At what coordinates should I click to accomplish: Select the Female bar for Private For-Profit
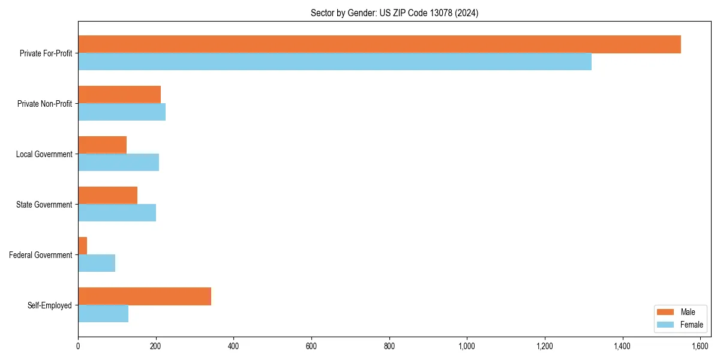click(335, 62)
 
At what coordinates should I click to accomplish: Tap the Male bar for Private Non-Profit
click(119, 95)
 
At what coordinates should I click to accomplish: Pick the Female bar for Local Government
click(119, 163)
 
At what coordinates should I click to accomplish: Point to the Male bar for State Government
click(108, 196)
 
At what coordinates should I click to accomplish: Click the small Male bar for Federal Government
click(83, 246)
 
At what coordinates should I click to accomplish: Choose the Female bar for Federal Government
click(97, 263)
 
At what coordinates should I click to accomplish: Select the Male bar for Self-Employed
click(145, 296)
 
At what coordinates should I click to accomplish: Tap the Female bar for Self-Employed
click(103, 314)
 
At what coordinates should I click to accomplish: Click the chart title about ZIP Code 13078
click(394, 13)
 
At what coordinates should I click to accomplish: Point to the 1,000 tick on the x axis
click(467, 346)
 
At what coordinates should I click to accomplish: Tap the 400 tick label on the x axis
click(233, 346)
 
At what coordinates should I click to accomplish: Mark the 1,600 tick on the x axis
click(700, 346)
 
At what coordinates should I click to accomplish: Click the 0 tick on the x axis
click(78, 346)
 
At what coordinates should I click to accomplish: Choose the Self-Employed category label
click(50, 305)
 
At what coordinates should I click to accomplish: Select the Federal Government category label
click(41, 255)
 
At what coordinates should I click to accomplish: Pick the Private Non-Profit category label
click(44, 104)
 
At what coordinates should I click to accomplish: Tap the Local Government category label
click(44, 154)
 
